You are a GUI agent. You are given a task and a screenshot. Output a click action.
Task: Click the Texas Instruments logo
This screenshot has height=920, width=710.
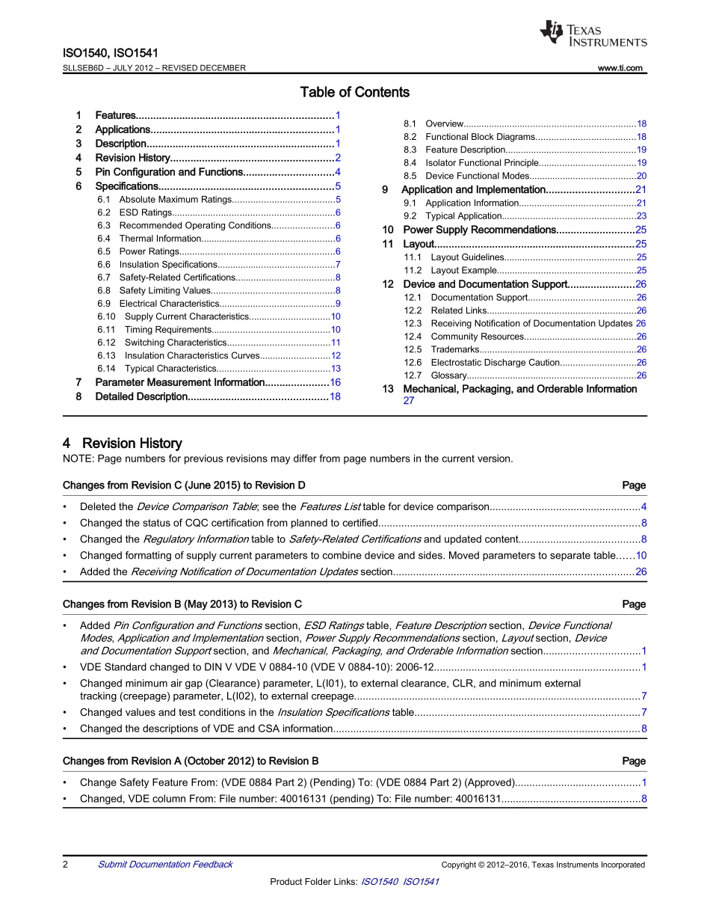click(x=592, y=34)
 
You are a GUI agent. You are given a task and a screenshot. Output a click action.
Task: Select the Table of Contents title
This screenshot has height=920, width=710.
click(x=354, y=93)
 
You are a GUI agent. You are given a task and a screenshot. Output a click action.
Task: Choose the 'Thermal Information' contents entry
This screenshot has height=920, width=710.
click(x=160, y=239)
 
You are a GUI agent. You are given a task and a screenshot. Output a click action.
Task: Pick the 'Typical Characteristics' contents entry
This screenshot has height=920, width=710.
click(x=170, y=369)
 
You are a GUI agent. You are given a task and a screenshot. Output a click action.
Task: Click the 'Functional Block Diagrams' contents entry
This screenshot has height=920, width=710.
click(x=480, y=137)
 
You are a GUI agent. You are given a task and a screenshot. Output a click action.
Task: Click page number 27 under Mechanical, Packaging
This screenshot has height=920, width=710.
click(x=409, y=401)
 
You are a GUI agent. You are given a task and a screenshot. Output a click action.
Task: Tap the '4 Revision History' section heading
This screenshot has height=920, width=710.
click(x=123, y=444)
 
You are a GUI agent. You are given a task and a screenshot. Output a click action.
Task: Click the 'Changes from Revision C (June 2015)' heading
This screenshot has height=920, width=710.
click(x=184, y=485)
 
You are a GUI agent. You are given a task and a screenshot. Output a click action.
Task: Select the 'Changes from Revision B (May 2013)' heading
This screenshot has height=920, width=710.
click(x=182, y=604)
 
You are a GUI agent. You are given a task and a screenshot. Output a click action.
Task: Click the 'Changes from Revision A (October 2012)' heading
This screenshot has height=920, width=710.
click(x=191, y=761)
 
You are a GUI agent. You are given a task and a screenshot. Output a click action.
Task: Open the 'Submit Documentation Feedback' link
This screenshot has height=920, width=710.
click(x=165, y=865)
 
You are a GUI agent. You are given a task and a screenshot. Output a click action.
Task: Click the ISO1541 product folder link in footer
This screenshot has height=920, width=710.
click(x=421, y=882)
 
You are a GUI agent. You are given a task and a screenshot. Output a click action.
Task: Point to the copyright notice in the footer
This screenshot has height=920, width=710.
click(x=543, y=865)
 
